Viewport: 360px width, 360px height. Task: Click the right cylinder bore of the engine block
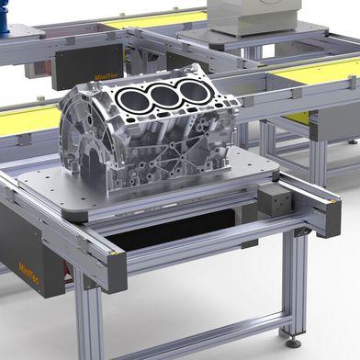point(193,90)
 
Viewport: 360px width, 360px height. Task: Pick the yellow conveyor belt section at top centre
point(152,18)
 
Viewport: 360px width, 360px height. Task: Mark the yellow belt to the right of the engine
point(312,73)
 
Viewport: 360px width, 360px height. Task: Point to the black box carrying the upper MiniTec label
point(87,64)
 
